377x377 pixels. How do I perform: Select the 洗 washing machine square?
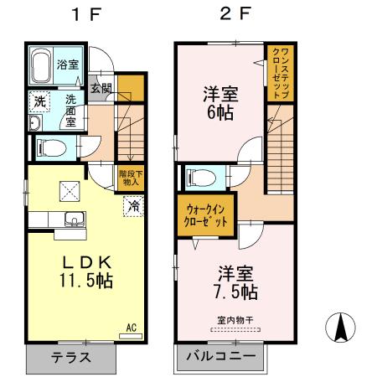coord(39,101)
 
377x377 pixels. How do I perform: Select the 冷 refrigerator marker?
coord(133,204)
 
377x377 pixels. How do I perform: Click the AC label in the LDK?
coord(131,328)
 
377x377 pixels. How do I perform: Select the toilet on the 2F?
coord(199,177)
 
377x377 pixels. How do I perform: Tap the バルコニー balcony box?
coord(222,357)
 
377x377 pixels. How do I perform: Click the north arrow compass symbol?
coord(341,327)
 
